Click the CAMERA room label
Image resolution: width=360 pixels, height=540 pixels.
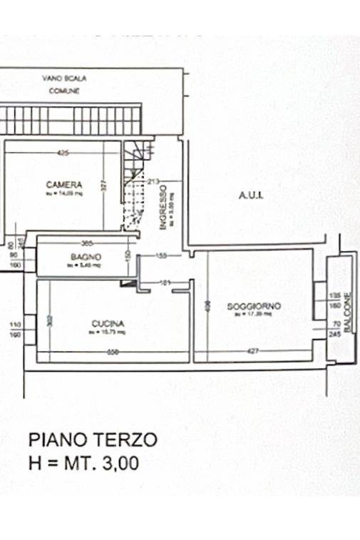pyautogui.click(x=64, y=184)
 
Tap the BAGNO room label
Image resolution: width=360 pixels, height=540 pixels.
pyautogui.click(x=86, y=257)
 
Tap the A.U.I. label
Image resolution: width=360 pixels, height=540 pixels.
pyautogui.click(x=251, y=195)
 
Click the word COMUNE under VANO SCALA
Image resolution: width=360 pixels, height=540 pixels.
pyautogui.click(x=63, y=91)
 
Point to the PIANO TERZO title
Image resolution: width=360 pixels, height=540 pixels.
pyautogui.click(x=93, y=439)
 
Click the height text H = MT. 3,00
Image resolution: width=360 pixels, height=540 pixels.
pyautogui.click(x=83, y=463)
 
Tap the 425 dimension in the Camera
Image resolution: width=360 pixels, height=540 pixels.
pyautogui.click(x=63, y=153)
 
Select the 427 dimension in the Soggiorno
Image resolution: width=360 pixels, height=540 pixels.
pyautogui.click(x=252, y=351)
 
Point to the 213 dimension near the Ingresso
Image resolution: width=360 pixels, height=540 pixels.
pyautogui.click(x=151, y=181)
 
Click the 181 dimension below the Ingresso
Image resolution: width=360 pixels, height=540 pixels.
pyautogui.click(x=165, y=284)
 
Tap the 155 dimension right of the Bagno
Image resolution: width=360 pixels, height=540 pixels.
pyautogui.click(x=161, y=255)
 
